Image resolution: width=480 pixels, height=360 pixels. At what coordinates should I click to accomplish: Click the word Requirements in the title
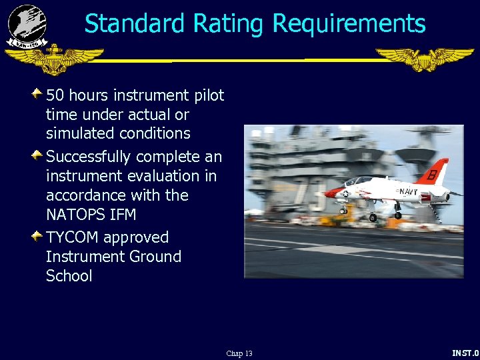click(x=349, y=24)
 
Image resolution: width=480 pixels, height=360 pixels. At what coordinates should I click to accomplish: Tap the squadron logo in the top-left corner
click(x=27, y=26)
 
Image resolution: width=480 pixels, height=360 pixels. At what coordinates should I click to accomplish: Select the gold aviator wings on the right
click(x=424, y=59)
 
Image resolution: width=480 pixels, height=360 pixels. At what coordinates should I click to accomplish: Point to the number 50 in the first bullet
click(x=55, y=95)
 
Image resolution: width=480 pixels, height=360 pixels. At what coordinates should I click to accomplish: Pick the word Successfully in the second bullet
click(x=88, y=157)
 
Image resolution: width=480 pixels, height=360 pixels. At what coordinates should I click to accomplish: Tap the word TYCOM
click(x=72, y=237)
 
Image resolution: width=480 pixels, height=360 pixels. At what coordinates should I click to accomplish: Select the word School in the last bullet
click(x=69, y=276)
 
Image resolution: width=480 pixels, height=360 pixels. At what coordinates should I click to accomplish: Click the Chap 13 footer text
click(x=239, y=353)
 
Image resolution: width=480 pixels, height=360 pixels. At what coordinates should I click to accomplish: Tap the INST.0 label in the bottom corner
click(x=465, y=353)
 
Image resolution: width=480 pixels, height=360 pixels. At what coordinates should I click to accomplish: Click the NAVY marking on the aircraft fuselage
click(x=407, y=192)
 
